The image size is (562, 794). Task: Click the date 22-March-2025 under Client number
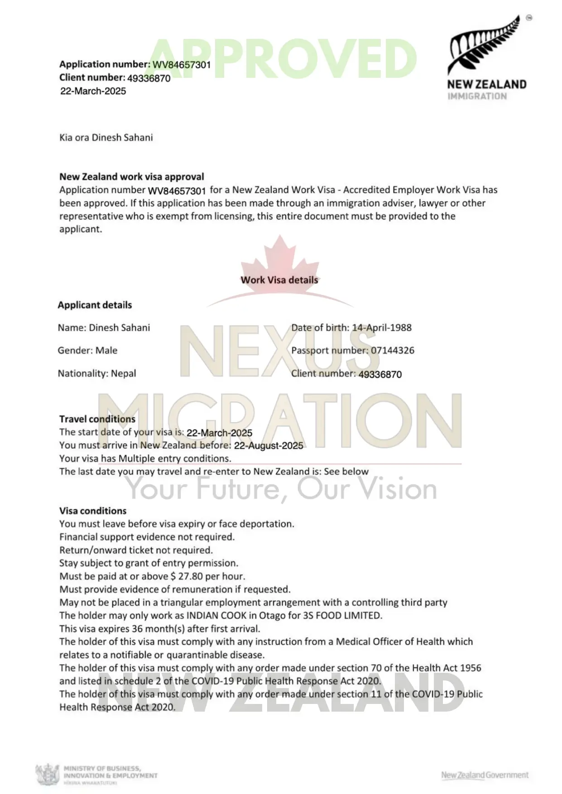tap(93, 91)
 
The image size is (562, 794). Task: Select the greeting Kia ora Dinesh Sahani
tap(106, 138)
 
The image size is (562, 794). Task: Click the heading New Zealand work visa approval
tap(132, 176)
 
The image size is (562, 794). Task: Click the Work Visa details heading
tap(279, 280)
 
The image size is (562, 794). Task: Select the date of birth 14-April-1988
tap(382, 328)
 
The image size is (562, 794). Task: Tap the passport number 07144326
tap(392, 350)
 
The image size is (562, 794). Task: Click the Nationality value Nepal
tap(123, 374)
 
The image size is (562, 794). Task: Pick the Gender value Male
tap(106, 351)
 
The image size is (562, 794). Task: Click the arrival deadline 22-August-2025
tap(269, 446)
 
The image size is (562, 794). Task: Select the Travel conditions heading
tap(97, 419)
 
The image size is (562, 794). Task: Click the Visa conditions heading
tap(93, 511)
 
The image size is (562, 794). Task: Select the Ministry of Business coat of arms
tap(48, 774)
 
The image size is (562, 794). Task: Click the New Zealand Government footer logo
tap(485, 775)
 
